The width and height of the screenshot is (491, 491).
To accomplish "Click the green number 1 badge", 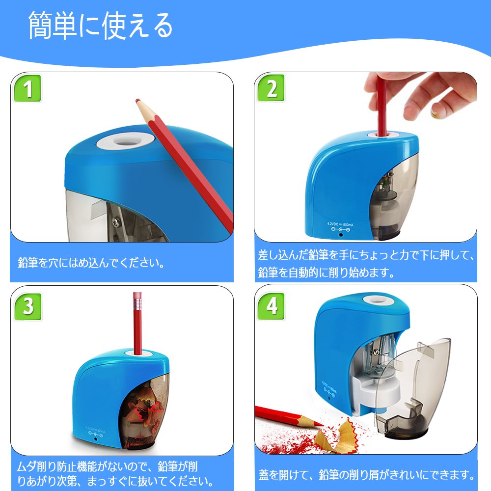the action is [27, 88].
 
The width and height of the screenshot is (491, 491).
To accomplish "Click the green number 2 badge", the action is [271, 88].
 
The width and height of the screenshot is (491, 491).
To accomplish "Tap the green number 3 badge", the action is [28, 306].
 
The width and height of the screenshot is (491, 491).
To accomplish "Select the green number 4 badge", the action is [271, 306].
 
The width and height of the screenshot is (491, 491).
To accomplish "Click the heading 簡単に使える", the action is [101, 26].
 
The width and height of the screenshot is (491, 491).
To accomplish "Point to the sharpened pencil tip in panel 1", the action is [138, 101].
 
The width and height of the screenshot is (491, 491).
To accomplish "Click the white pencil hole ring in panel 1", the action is [126, 141].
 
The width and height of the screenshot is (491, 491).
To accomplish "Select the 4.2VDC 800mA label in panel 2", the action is [340, 224].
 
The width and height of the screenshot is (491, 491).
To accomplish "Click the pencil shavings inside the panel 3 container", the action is [145, 413].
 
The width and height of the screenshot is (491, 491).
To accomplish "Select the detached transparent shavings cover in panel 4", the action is [413, 388].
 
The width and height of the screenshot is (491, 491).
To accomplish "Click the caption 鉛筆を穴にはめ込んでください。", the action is [91, 262].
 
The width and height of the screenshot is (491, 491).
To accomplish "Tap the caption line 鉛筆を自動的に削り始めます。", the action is [326, 272].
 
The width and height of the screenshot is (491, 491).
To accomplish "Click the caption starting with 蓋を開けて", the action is [367, 475].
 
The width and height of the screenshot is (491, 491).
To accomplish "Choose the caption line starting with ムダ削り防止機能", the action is [108, 466].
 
